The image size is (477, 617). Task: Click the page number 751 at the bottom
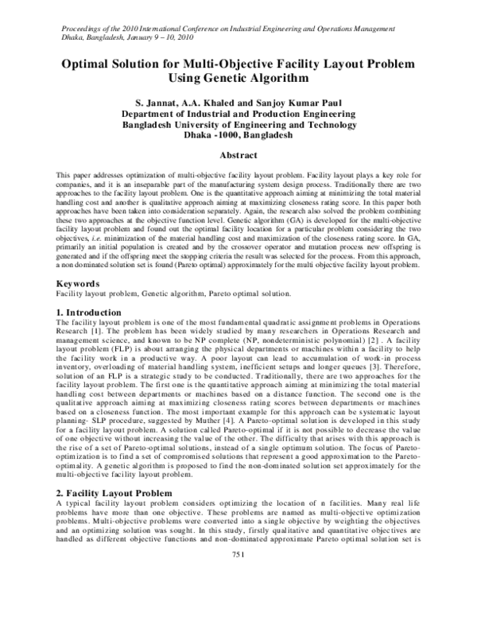238,597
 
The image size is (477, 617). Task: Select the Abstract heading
238,157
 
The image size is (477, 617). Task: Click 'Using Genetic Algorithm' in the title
238,79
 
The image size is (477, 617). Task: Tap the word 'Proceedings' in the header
83,29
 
